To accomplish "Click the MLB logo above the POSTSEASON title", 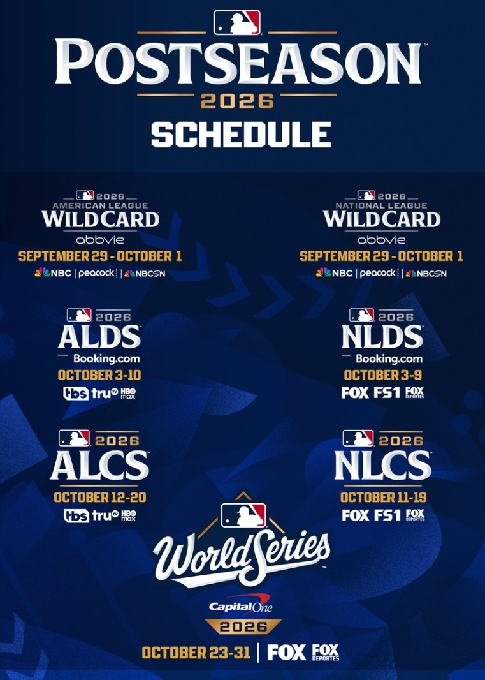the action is click(237, 22).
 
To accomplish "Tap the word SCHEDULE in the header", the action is click(240, 135).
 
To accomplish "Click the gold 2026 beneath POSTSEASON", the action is click(237, 101).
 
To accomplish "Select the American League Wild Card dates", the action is click(100, 256).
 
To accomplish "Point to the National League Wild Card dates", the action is click(381, 256).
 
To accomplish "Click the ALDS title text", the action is click(99, 337).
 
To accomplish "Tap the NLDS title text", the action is click(382, 337).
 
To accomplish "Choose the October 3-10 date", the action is click(99, 374).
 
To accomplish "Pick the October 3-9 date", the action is click(383, 374).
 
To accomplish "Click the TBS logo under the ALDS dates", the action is click(76, 394).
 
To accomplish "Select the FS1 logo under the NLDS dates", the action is click(387, 392).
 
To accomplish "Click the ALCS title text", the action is click(99, 465).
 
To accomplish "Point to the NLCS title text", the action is click(383, 465).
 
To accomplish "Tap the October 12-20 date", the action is click(99, 497).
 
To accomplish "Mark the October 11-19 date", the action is click(383, 497).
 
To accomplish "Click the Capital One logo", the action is click(241, 605).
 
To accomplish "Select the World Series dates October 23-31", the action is click(196, 652).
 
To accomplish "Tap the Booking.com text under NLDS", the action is click(389, 358).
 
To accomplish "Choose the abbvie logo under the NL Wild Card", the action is click(381, 239).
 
